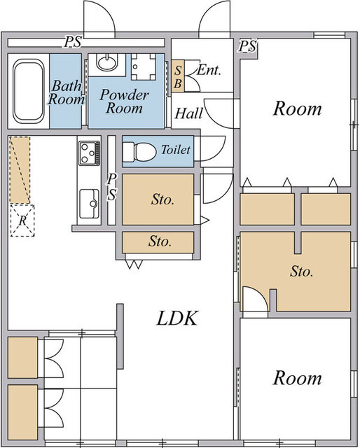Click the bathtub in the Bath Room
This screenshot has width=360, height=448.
pos(29,91)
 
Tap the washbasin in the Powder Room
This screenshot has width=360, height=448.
pos(106,62)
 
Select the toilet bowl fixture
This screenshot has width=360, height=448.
pos(139,151)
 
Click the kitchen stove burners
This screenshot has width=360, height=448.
pos(90,153)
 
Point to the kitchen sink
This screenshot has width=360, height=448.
pos(89,204)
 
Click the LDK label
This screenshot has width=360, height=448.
pos(177,318)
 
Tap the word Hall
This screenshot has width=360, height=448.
pos(188,113)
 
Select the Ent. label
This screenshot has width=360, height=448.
pos(209,70)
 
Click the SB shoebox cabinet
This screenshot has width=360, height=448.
pos(178,76)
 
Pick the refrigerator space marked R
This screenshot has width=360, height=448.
pos(22,220)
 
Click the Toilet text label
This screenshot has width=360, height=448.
pos(176,149)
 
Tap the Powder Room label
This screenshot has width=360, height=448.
pos(125,101)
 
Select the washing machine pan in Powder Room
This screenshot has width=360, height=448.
pos(144,67)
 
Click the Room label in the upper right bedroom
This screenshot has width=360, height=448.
pos(298,108)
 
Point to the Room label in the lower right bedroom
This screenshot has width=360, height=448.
pos(298,378)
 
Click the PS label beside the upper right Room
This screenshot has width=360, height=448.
pos(248,46)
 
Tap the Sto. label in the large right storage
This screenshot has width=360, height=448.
pos(301,271)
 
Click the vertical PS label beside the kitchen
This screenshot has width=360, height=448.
pos(112,187)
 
